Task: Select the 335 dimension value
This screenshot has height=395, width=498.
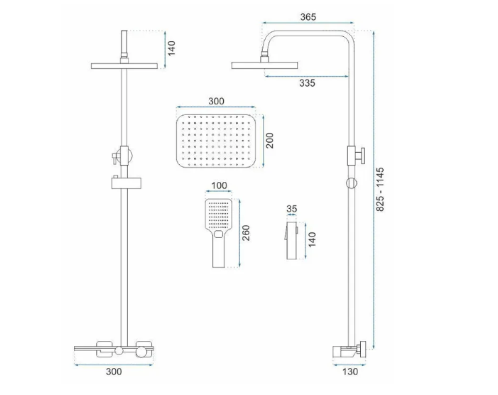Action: click(307, 83)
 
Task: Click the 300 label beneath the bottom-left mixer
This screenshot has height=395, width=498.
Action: click(113, 371)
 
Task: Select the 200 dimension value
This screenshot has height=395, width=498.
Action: click(269, 140)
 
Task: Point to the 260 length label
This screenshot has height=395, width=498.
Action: click(246, 233)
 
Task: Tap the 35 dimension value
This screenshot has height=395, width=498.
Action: click(291, 210)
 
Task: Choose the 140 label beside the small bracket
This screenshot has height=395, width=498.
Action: click(311, 239)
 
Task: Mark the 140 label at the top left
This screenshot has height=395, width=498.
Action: click(171, 48)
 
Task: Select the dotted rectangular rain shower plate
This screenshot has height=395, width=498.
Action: click(215, 139)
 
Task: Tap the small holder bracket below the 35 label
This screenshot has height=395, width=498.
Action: click(290, 239)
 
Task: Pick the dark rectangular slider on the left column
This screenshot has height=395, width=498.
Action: click(124, 183)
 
